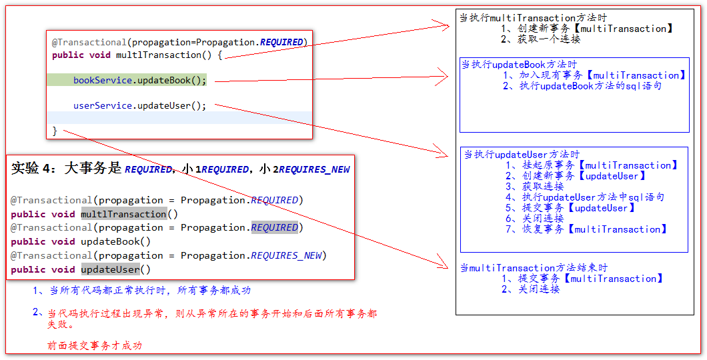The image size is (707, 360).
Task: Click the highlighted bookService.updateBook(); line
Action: [139, 81]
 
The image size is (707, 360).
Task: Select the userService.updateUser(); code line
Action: [139, 105]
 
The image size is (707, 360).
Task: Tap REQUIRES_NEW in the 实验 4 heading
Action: [313, 169]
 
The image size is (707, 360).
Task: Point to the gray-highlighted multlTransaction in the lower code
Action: [123, 214]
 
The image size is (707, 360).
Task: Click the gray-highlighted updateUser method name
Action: [110, 269]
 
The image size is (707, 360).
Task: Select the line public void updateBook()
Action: [81, 241]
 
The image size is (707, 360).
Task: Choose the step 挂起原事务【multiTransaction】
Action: [592, 165]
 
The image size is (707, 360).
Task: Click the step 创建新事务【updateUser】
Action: [576, 176]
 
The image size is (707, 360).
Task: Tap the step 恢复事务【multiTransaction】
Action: [586, 229]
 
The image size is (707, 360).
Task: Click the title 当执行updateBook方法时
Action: [519, 65]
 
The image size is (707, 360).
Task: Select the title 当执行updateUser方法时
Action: [522, 155]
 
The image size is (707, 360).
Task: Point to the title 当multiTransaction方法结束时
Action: [534, 268]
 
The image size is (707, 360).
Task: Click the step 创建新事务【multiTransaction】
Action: [587, 29]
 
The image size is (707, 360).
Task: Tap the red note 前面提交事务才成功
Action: [94, 345]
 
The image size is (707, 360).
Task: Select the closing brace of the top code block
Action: [55, 131]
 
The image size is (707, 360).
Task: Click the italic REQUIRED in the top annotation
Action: [281, 42]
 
